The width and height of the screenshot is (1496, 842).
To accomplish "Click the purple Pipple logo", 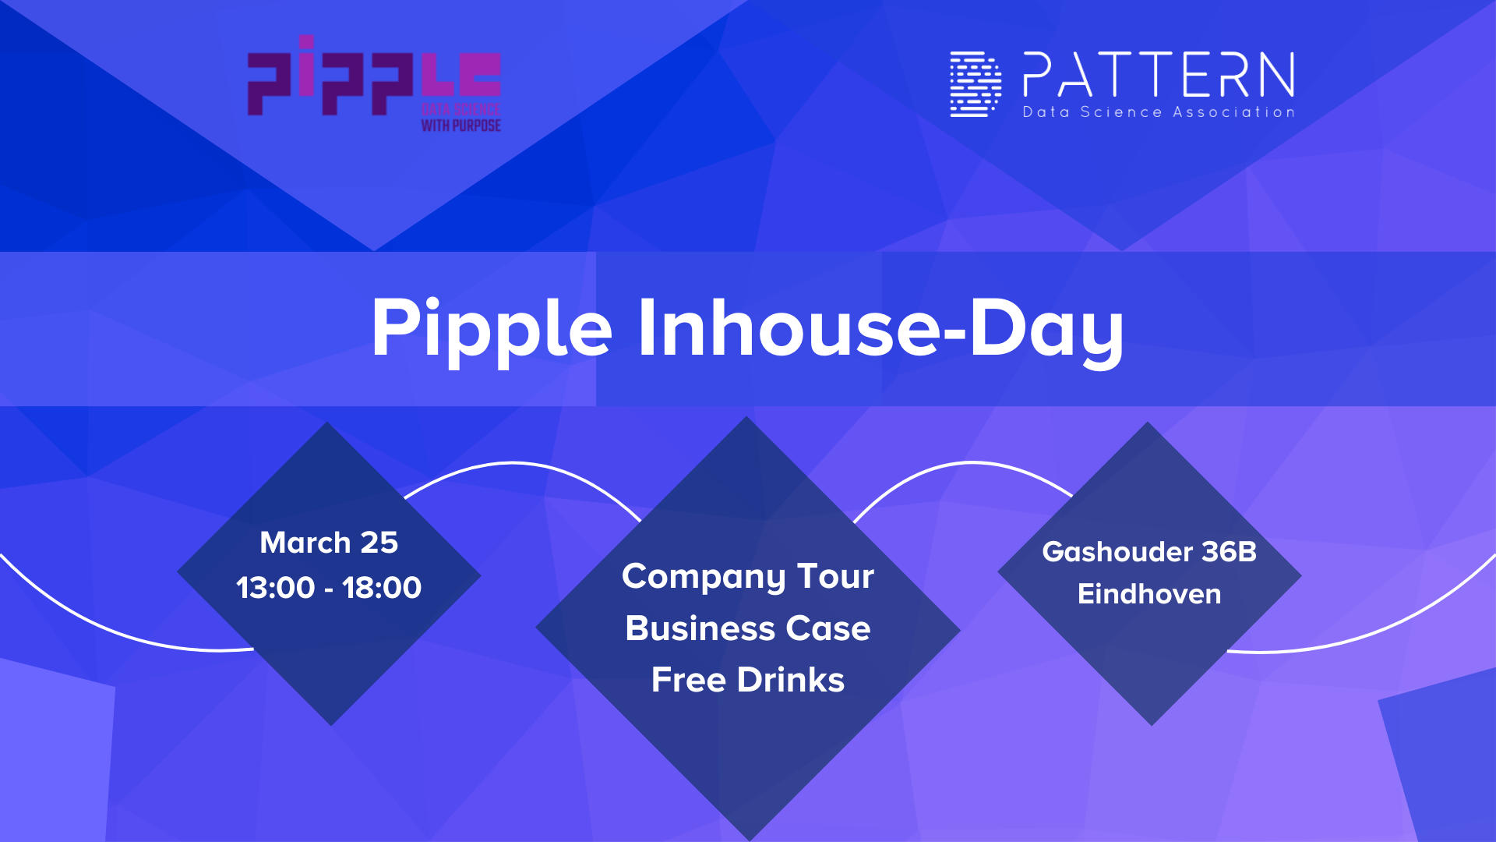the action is [374, 83].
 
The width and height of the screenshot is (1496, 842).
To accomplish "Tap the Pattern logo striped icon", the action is [976, 84].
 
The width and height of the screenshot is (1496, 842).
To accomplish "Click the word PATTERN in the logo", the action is [1159, 75].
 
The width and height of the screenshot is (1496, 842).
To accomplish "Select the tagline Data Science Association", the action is [1159, 112].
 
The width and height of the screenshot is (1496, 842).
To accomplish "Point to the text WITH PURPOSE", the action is [460, 125].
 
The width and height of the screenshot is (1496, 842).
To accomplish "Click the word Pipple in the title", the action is [492, 329].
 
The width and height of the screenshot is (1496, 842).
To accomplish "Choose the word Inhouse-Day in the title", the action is [880, 329].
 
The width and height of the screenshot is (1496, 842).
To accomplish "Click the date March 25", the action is [329, 542].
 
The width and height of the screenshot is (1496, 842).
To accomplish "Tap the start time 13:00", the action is [275, 587].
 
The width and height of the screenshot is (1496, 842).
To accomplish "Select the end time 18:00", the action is [382, 587].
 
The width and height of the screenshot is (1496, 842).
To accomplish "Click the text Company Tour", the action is [748, 577].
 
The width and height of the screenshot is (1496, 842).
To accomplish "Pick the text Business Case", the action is [748, 628].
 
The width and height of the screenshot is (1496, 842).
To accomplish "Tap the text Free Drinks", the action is [748, 680].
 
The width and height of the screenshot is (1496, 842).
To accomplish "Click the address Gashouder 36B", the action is [1149, 551].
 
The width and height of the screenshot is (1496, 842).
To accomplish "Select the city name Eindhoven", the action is [1149, 594].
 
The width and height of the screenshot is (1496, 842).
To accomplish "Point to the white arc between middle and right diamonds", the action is [970, 463].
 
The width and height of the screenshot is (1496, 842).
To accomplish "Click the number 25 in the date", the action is [379, 542].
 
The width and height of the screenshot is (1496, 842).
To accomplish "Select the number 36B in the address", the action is [1230, 551].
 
